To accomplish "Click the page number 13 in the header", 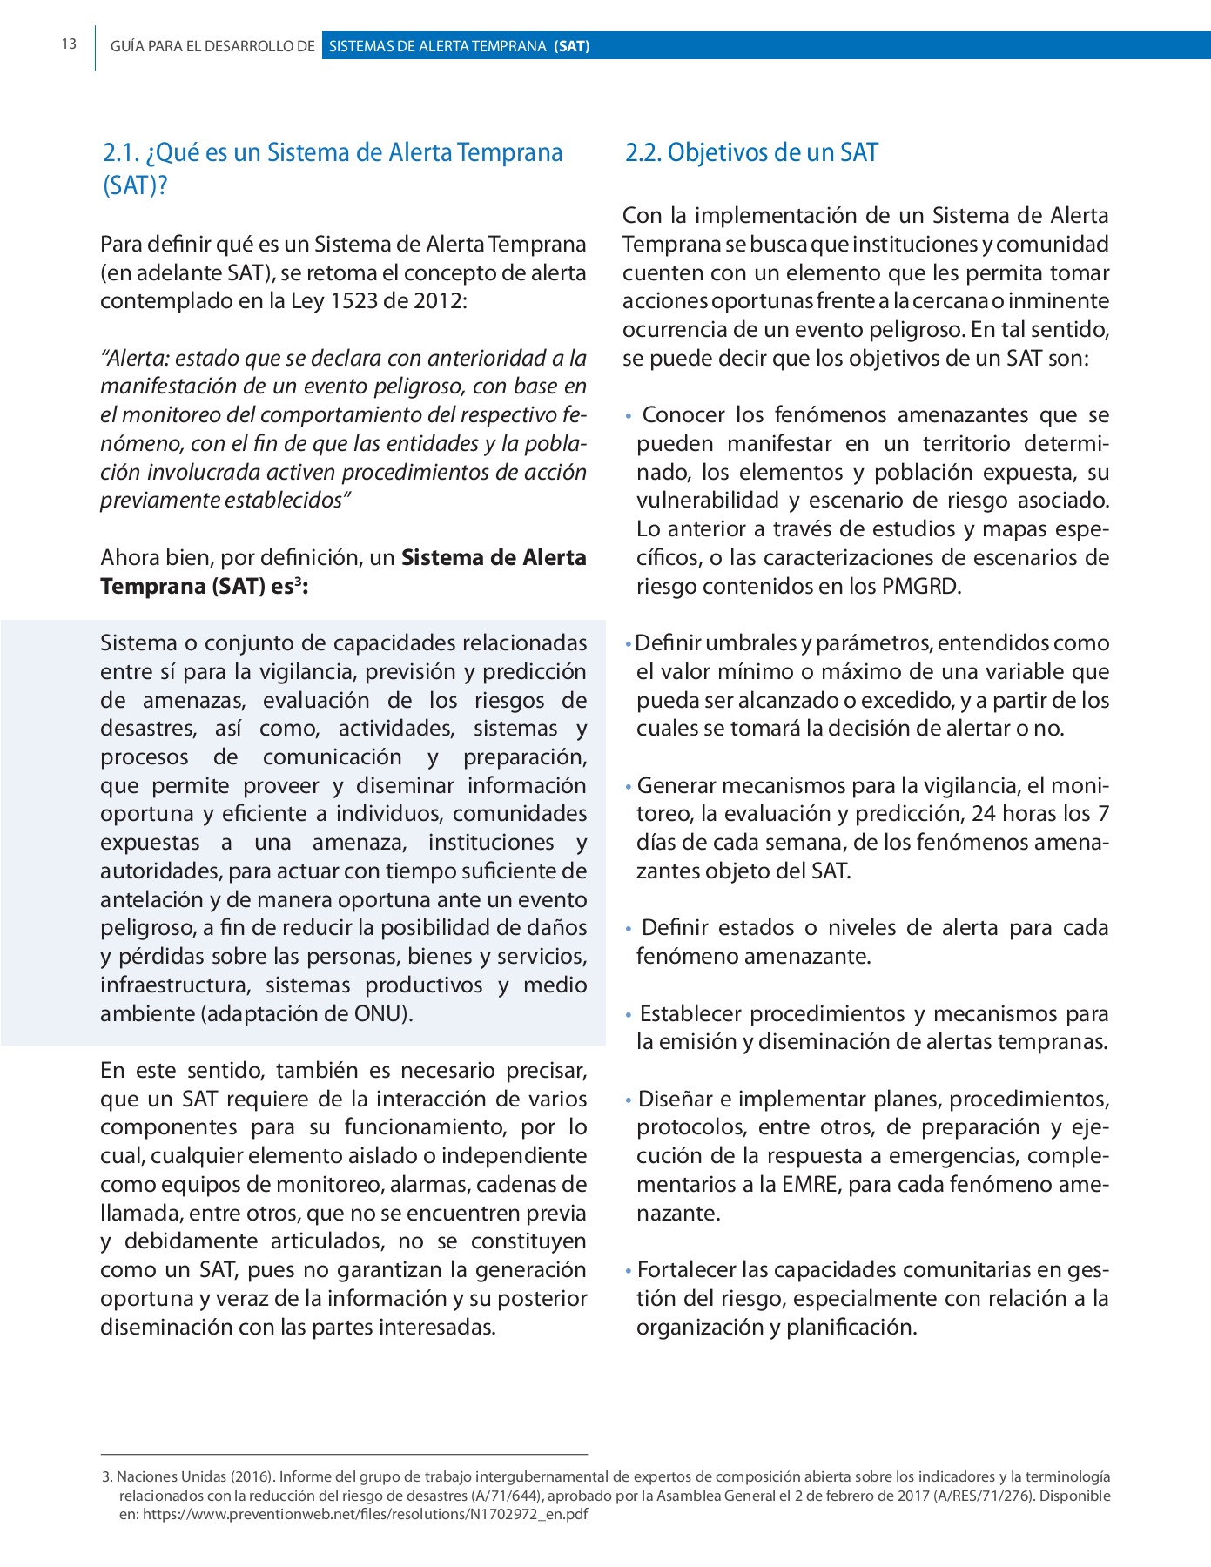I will (x=69, y=44).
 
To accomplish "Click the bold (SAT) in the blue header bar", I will (x=572, y=46).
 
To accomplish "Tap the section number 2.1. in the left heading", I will (x=122, y=153).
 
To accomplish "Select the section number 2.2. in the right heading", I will (x=643, y=153).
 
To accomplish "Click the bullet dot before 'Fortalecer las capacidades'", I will (x=629, y=1272).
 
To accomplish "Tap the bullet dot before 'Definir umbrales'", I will (x=629, y=645).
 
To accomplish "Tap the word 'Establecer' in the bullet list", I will (x=691, y=1014).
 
